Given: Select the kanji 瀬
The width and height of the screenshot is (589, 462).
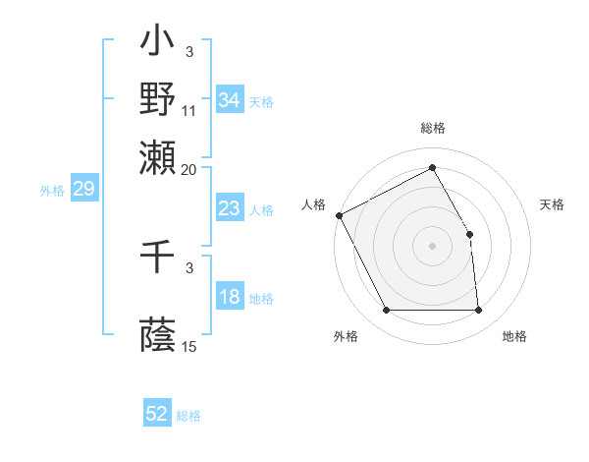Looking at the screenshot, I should [157, 153].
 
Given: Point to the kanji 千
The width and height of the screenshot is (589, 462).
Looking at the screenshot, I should [157, 258].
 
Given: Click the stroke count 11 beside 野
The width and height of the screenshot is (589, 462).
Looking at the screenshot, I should [190, 110].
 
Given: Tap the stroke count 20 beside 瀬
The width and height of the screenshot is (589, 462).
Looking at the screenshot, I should [190, 168].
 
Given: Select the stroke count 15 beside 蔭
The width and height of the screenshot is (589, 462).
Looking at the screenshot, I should [190, 346].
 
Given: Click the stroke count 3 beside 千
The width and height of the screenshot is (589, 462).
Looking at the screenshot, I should [189, 267].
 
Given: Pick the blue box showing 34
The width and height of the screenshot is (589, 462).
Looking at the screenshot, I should [229, 100].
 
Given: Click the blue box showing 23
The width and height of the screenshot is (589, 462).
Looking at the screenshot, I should [229, 208].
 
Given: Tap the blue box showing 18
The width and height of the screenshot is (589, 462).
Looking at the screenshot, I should [229, 298].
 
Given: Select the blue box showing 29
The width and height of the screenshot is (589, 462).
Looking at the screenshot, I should [83, 189].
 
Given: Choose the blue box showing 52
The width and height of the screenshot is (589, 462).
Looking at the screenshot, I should [157, 415].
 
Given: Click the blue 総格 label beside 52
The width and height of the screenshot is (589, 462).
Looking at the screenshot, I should [188, 416].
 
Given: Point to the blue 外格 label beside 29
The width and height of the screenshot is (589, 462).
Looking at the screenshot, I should [52, 190].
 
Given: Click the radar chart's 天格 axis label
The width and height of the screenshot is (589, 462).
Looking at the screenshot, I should [552, 204].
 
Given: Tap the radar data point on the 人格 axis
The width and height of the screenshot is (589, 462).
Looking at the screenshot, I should [339, 215].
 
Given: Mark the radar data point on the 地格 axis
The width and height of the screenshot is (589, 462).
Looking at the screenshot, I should [479, 311].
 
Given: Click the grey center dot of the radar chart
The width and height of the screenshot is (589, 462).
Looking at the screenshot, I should [433, 245].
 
